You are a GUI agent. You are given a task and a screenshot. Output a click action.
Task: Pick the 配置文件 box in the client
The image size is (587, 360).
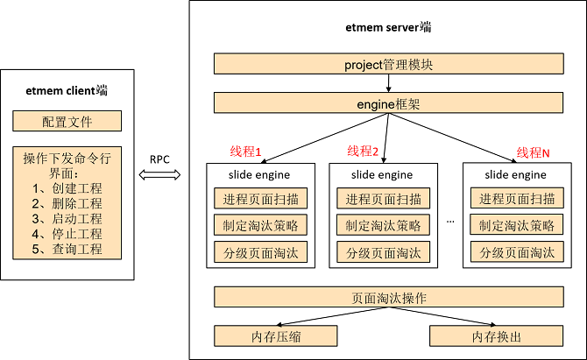[67, 122]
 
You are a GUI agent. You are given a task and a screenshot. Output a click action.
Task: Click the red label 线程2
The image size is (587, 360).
[363, 152]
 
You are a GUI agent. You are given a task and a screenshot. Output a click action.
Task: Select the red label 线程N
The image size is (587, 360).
[533, 152]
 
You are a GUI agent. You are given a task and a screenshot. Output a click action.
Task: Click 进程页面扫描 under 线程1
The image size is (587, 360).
[260, 198]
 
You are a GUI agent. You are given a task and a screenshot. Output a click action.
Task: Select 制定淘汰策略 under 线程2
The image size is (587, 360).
[383, 226]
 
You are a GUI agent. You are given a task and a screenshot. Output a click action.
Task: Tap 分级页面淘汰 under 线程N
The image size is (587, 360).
[516, 253]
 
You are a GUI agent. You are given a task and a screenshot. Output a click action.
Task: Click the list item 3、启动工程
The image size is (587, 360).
[67, 219]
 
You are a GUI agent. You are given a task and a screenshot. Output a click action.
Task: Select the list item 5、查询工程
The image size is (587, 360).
[67, 249]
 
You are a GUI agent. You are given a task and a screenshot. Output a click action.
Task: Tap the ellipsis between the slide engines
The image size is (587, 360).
[450, 221]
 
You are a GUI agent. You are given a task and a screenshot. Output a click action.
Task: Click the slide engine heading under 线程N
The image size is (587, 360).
[516, 174]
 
